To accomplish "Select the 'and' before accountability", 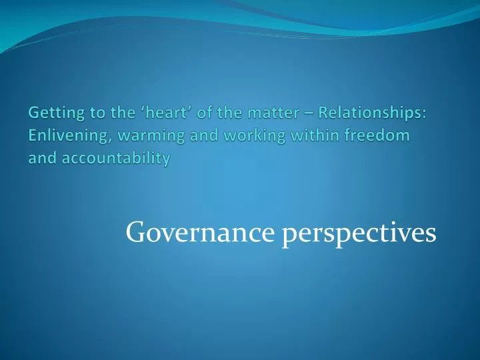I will [41, 159].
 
